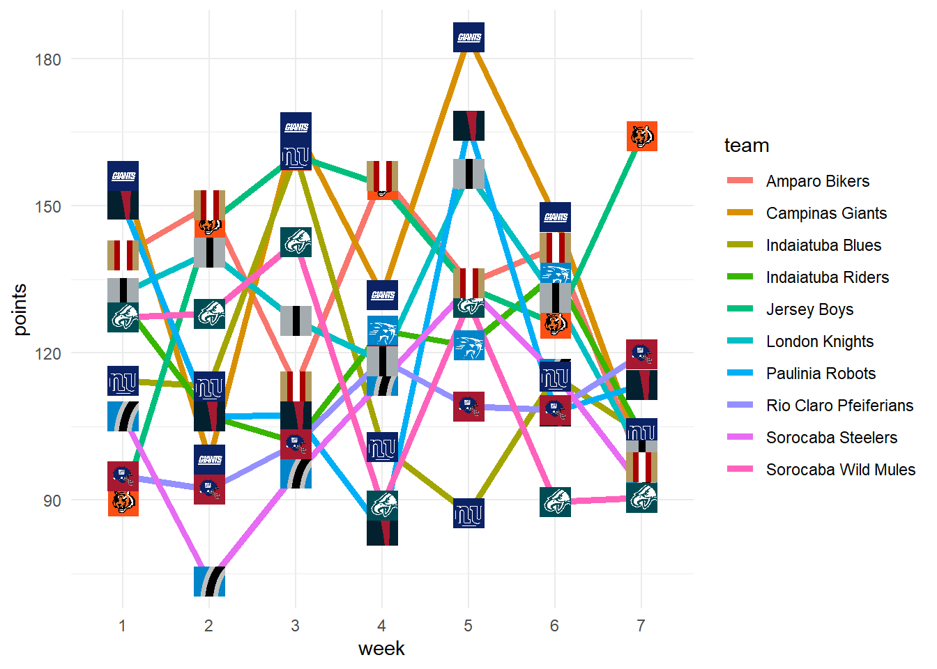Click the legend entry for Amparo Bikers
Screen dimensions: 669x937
pyautogui.click(x=817, y=181)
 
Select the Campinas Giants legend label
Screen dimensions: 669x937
pyautogui.click(x=826, y=213)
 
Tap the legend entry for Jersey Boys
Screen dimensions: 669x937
pyautogui.click(x=809, y=309)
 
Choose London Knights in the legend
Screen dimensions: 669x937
pyautogui.click(x=819, y=341)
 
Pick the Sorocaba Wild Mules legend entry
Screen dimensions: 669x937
pyautogui.click(x=840, y=470)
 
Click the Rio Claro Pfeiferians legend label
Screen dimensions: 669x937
pyautogui.click(x=839, y=406)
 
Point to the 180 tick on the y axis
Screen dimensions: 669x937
pyautogui.click(x=48, y=59)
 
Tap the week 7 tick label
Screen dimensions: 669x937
pyautogui.click(x=641, y=625)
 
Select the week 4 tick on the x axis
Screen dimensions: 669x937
pyautogui.click(x=381, y=625)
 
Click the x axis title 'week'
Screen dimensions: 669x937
pyautogui.click(x=381, y=649)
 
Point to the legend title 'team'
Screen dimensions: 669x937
pyautogui.click(x=747, y=146)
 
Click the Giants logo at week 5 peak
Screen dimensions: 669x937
pyautogui.click(x=468, y=37)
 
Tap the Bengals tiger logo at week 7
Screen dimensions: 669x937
pyautogui.click(x=641, y=136)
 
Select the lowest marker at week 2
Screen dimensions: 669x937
pyautogui.click(x=209, y=581)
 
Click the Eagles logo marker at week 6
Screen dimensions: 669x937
pyautogui.click(x=555, y=502)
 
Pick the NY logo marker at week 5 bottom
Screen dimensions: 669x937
pyautogui.click(x=468, y=514)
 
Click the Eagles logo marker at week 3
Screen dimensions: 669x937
pyautogui.click(x=296, y=242)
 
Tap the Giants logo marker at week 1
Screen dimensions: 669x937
pyautogui.click(x=123, y=176)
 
